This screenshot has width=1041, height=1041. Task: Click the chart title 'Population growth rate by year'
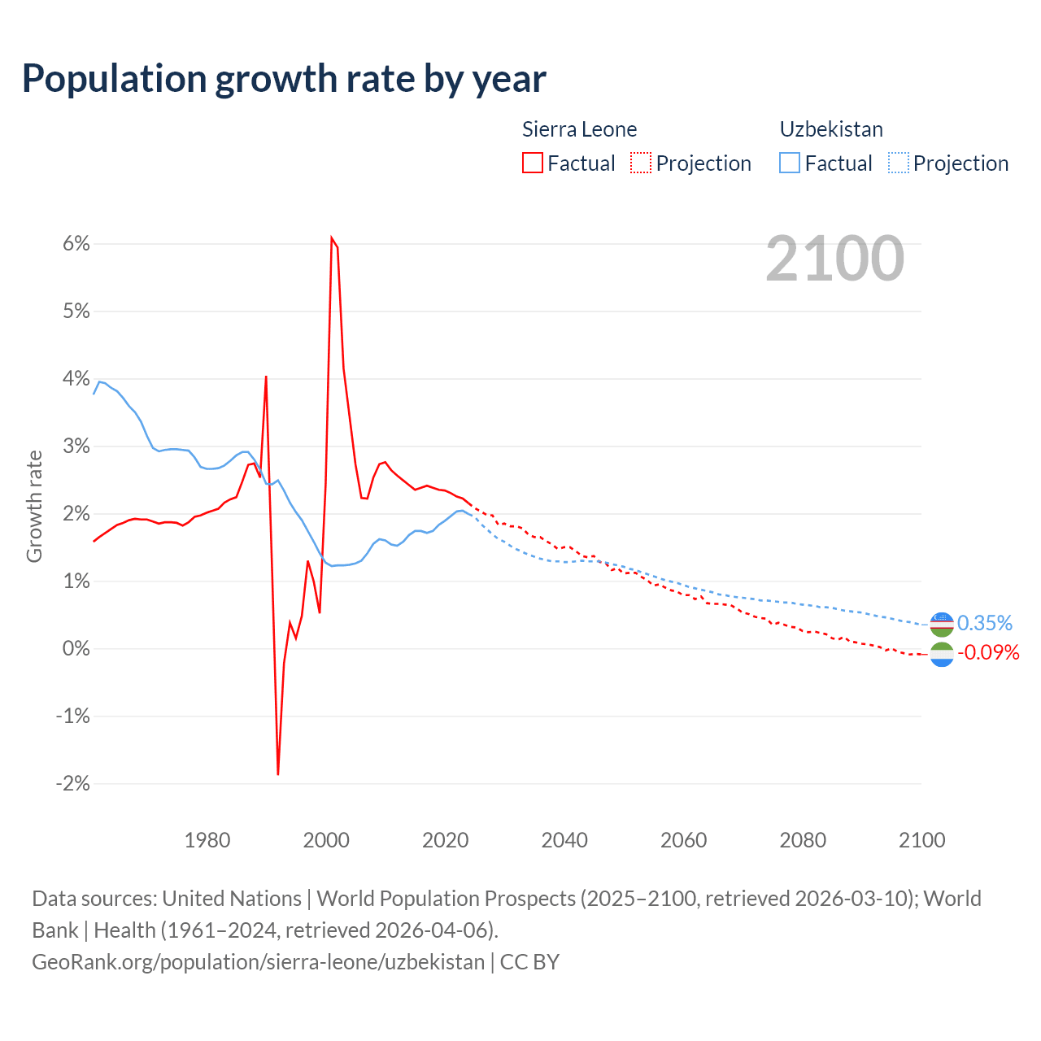pyautogui.click(x=284, y=79)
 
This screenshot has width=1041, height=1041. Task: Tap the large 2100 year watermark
pyautogui.click(x=834, y=259)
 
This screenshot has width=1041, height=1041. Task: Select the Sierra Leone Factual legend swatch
pyautogui.click(x=533, y=163)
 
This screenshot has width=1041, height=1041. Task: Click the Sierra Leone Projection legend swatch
pyautogui.click(x=641, y=163)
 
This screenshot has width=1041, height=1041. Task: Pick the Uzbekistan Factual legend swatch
pyautogui.click(x=790, y=163)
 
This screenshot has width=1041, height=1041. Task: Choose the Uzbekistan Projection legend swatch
pyautogui.click(x=898, y=163)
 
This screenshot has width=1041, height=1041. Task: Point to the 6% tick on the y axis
pyautogui.click(x=73, y=244)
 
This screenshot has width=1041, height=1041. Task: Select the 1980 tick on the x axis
pyautogui.click(x=207, y=840)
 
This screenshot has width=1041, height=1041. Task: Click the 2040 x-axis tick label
pyautogui.click(x=564, y=840)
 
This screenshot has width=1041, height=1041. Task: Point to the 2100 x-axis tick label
pyautogui.click(x=921, y=840)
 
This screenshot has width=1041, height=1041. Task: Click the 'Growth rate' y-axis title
pyautogui.click(x=34, y=506)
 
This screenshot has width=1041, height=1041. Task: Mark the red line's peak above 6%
pyautogui.click(x=332, y=237)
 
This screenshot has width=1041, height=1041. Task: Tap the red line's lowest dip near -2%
pyautogui.click(x=278, y=773)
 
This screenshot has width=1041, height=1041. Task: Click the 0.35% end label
pyautogui.click(x=985, y=623)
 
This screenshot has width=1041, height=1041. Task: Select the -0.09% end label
pyautogui.click(x=988, y=652)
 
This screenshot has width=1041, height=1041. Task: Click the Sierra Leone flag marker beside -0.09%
pyautogui.click(x=942, y=655)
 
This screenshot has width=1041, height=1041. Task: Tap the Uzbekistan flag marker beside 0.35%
pyautogui.click(x=942, y=624)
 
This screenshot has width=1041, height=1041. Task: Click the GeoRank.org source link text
pyautogui.click(x=258, y=962)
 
